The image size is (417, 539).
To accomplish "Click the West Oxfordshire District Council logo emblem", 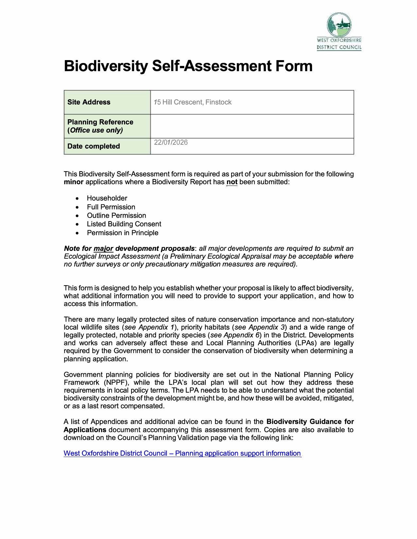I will (x=339, y=25).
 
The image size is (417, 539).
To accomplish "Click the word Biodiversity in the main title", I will (x=106, y=66).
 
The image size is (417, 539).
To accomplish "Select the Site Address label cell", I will (x=89, y=102).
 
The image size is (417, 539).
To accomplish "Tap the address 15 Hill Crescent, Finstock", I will (x=193, y=102).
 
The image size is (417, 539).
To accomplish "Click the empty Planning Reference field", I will (x=252, y=126).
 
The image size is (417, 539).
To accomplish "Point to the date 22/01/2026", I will (x=171, y=142).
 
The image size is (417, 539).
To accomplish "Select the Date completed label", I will (x=94, y=146).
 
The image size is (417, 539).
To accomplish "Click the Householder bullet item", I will (x=107, y=198).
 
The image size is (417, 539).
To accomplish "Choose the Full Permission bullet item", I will (x=111, y=207).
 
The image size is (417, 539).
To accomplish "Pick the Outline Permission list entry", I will (x=116, y=216).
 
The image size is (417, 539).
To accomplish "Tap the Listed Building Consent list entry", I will (x=124, y=224).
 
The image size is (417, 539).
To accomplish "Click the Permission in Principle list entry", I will (x=123, y=233).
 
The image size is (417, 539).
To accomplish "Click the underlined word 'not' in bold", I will (x=232, y=182).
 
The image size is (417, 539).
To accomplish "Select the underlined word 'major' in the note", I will (x=103, y=249).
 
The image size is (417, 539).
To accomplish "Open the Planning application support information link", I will (x=182, y=453).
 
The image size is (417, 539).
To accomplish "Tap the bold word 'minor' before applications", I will (x=74, y=182).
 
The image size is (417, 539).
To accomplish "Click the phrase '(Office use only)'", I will (x=95, y=130).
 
